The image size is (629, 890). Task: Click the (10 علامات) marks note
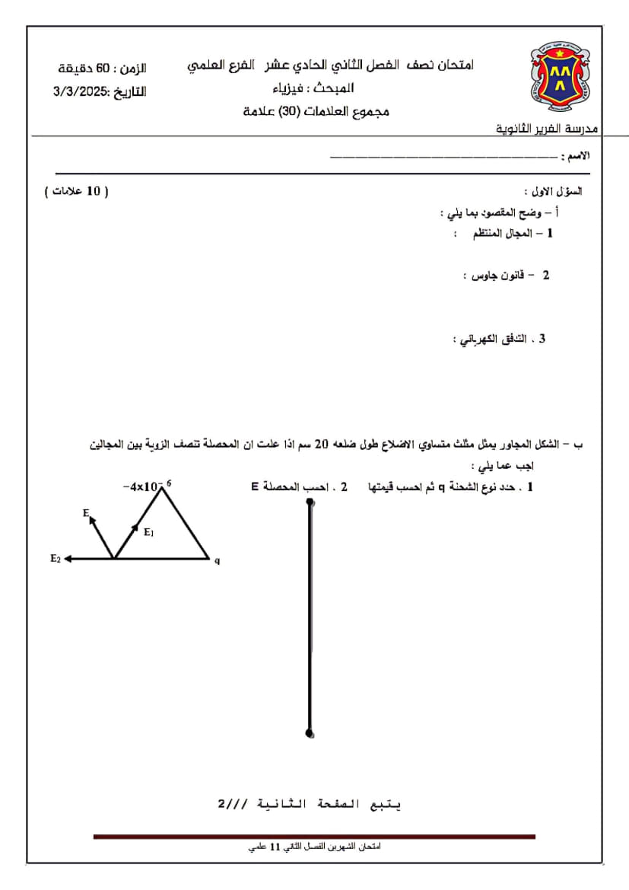pyautogui.click(x=76, y=191)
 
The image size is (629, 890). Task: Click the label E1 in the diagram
pyautogui.click(x=149, y=533)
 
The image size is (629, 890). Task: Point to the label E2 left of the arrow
pyautogui.click(x=55, y=559)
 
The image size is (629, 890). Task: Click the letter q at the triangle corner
pyautogui.click(x=217, y=560)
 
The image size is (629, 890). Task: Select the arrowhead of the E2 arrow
pyautogui.click(x=68, y=559)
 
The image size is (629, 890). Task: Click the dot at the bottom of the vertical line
pyautogui.click(x=309, y=733)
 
